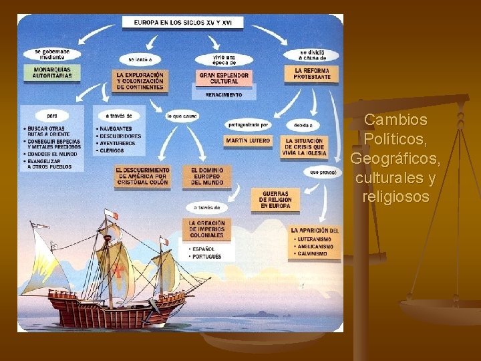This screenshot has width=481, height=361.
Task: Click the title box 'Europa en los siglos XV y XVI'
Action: point(182,21)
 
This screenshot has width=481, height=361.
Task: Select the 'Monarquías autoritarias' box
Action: point(51,72)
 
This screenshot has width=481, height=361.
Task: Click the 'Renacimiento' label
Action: point(223,95)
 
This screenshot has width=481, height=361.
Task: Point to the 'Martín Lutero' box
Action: point(248,141)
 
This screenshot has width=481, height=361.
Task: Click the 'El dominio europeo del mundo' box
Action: point(206,176)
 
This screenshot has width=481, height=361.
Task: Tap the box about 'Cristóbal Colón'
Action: point(142,176)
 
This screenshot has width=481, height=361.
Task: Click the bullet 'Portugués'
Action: point(205,256)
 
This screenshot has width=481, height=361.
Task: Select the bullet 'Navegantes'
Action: point(115,128)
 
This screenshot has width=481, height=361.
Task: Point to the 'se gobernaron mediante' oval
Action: point(51,52)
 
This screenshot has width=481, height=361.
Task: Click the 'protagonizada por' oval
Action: point(248,124)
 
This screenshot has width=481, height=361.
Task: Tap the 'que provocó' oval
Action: point(323,172)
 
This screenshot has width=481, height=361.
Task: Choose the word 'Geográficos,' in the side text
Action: point(395,158)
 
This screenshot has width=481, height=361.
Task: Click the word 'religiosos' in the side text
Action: point(395,197)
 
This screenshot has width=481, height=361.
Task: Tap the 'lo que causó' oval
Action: point(182,116)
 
